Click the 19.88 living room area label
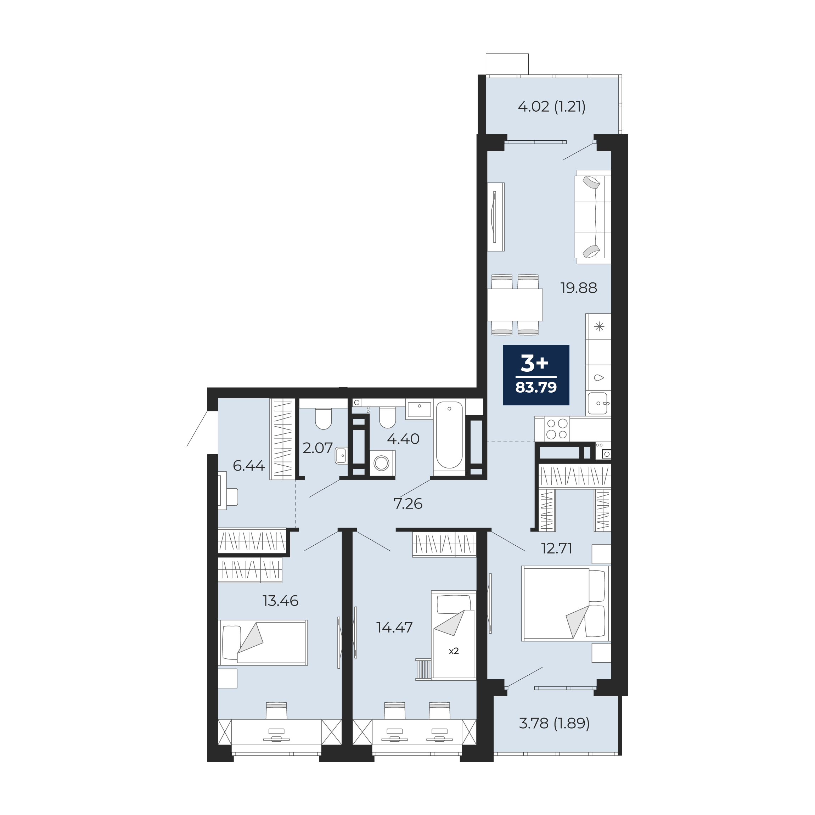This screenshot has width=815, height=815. point(578,288)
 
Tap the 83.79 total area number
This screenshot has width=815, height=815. point(536,387)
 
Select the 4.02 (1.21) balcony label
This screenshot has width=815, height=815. point(551,107)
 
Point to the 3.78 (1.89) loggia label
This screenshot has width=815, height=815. point(554,724)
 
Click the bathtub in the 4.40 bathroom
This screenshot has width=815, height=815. point(449,437)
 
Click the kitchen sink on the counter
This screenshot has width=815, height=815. point(598,404)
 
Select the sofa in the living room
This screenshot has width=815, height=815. point(593,217)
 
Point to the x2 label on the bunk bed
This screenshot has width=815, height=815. point(454,651)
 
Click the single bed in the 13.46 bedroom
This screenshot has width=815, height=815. point(263,642)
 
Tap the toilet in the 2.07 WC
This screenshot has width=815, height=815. point(324,418)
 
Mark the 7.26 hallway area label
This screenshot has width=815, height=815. point(408,504)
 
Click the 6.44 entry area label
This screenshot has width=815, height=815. point(248,466)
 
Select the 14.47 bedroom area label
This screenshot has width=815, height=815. point(394,628)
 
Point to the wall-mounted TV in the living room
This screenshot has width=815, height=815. point(496,217)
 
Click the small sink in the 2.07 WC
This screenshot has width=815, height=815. point(341,456)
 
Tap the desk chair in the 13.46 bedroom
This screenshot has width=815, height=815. point(276,711)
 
